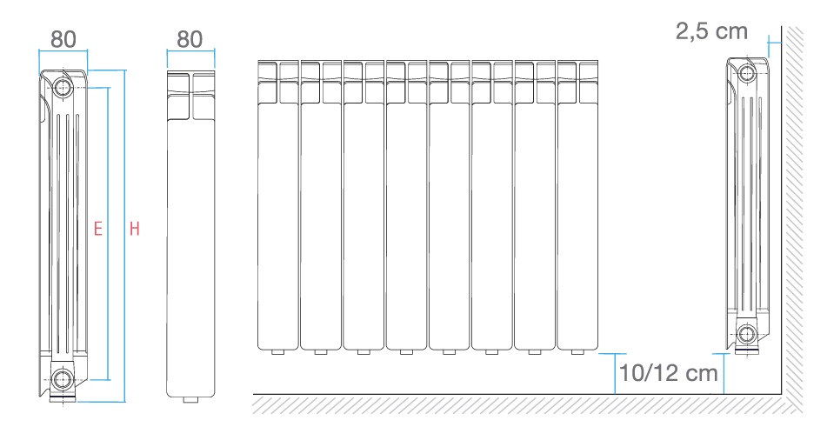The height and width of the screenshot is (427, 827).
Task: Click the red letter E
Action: tap(98, 229)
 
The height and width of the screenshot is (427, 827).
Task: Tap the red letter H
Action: tap(135, 229)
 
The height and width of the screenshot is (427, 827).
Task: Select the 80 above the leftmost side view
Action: tap(63, 39)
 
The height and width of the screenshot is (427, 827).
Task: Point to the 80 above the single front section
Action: tap(190, 39)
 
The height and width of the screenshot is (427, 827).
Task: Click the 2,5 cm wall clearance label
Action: tap(711, 31)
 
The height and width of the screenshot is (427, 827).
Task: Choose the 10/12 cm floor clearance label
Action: tap(668, 373)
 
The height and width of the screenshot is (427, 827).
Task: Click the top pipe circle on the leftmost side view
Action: tap(63, 87)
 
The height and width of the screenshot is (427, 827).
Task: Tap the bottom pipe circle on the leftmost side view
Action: tap(63, 378)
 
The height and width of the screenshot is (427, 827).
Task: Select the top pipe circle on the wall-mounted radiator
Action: tap(747, 73)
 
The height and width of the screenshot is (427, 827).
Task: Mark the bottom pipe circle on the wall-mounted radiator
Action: tap(747, 334)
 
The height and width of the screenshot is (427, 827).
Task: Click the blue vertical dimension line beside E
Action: tap(108, 233)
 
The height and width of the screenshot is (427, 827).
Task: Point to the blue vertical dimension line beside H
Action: tap(125, 236)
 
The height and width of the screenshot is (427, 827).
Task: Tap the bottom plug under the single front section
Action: tap(190, 399)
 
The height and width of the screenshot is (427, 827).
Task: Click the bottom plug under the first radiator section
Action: tap(278, 351)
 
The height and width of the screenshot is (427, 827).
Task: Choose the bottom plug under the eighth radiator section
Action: tap(577, 351)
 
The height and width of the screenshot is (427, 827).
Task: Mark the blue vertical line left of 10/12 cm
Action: tap(615, 374)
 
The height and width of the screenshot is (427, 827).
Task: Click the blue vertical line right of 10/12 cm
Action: tap(724, 374)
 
